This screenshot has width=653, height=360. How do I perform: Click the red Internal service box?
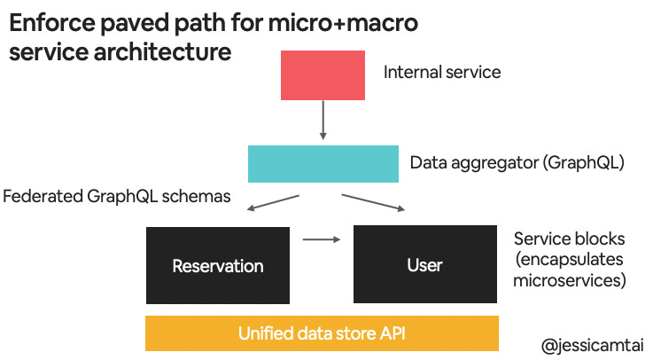pyautogui.click(x=323, y=75)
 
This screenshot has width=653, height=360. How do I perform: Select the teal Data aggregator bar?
pyautogui.click(x=323, y=163)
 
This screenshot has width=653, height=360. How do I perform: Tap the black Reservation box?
pyautogui.click(x=217, y=265)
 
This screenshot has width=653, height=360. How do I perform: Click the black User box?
pyautogui.click(x=424, y=265)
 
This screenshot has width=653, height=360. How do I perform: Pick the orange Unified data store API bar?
pyautogui.click(x=323, y=334)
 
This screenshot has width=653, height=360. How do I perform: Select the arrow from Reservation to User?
pyautogui.click(x=322, y=239)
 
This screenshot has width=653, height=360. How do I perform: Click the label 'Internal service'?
pyautogui.click(x=441, y=72)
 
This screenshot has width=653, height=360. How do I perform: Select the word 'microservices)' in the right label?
pyautogui.click(x=570, y=281)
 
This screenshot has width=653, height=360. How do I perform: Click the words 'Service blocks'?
pyautogui.click(x=569, y=239)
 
